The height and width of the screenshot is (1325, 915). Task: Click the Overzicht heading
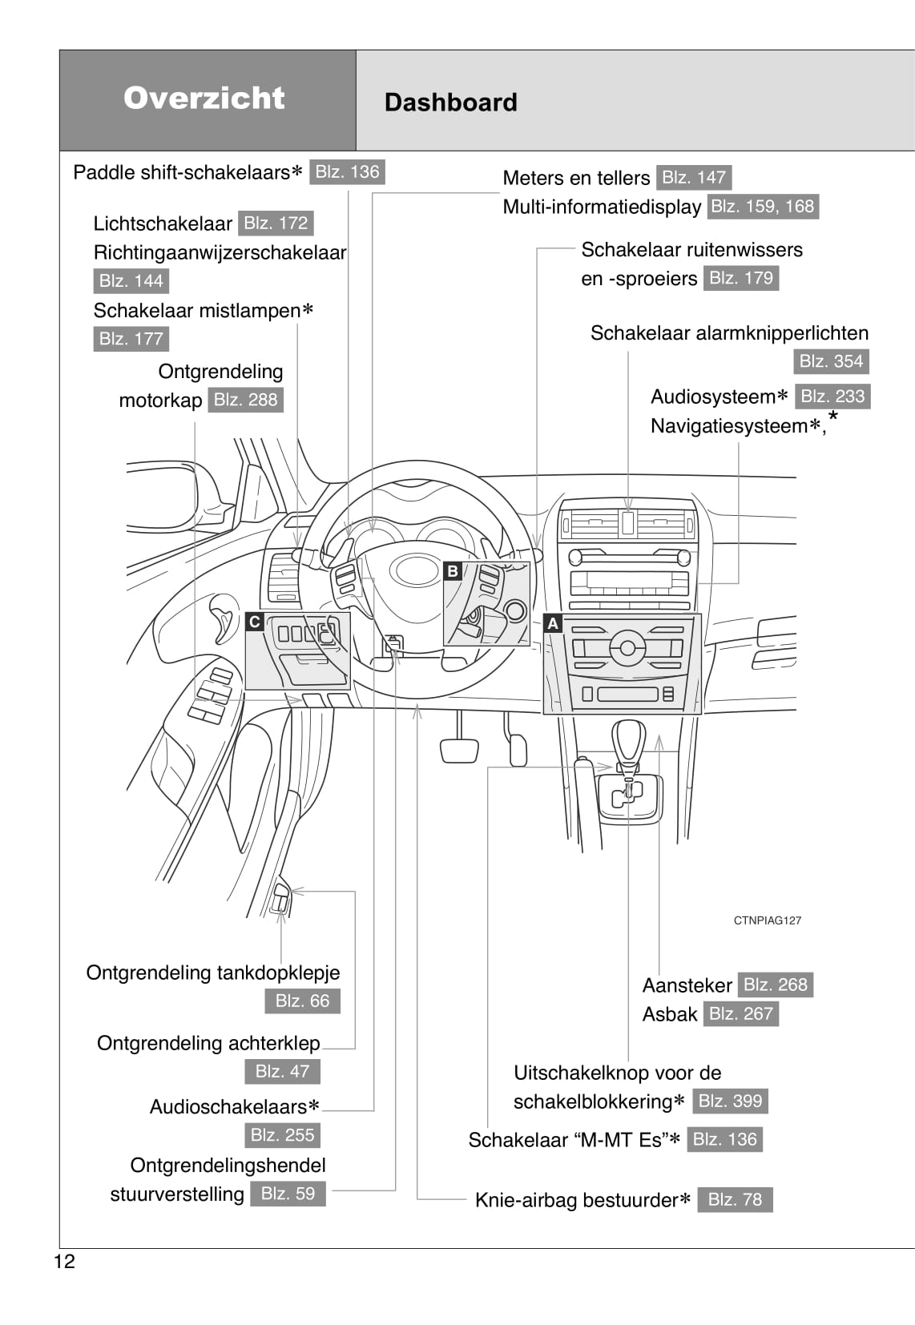(x=204, y=98)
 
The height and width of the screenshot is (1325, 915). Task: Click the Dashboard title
(x=450, y=103)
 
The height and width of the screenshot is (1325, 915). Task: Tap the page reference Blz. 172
(x=276, y=223)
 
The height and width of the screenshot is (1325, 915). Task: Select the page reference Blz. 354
(x=831, y=361)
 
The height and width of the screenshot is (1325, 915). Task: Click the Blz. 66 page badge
(x=302, y=1001)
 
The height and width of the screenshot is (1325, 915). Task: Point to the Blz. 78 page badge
(x=735, y=1199)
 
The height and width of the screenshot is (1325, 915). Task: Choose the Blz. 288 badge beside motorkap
(x=245, y=400)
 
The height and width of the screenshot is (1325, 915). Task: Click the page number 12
(x=64, y=1262)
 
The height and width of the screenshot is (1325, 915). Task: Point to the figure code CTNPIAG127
(x=767, y=920)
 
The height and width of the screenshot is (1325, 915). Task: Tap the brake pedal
(x=460, y=750)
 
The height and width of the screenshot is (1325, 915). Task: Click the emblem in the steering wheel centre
(x=414, y=570)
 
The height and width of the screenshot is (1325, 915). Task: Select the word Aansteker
(x=687, y=985)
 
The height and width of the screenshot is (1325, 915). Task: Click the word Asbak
(x=670, y=1014)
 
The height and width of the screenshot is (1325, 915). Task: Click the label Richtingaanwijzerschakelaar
(x=220, y=252)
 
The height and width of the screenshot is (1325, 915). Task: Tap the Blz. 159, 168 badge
(x=762, y=207)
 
